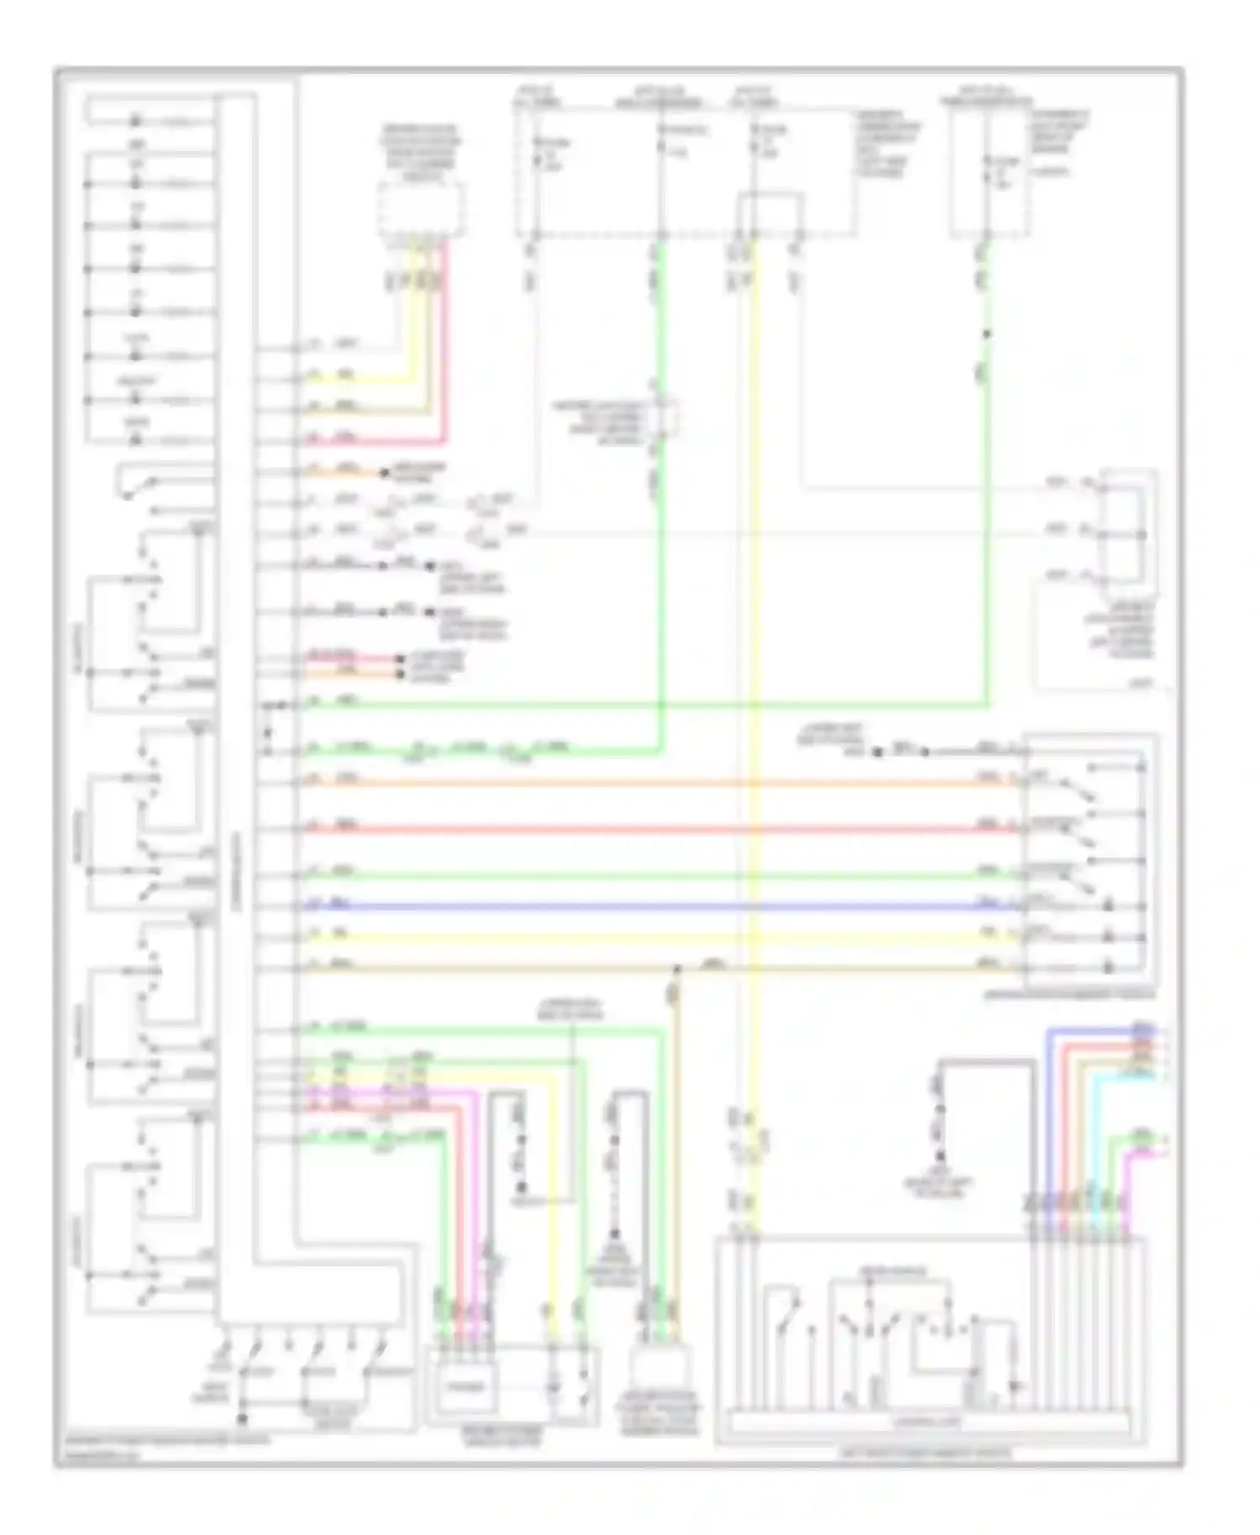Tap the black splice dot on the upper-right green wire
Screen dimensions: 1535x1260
coord(987,334)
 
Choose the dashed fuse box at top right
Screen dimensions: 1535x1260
coord(990,172)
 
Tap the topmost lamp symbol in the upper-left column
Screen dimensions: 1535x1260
coord(135,121)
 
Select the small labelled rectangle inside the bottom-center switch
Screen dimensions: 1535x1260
coord(465,1387)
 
